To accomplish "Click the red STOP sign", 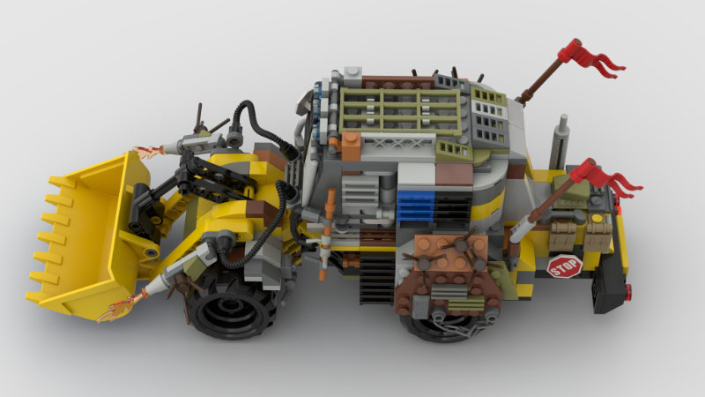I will (x=565, y=266).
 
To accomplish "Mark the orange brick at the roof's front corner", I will (x=351, y=146).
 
